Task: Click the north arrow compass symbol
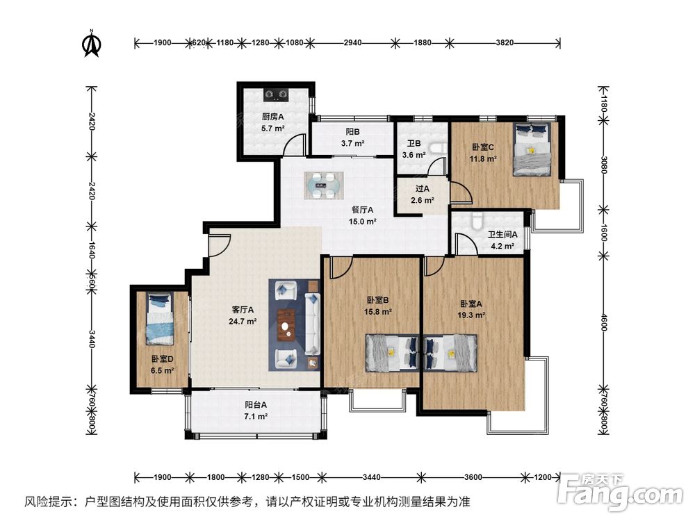[92, 44]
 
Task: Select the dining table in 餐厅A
[324, 185]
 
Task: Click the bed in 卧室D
[159, 319]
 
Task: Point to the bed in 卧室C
[532, 149]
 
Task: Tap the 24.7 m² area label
[243, 322]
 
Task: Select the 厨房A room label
[272, 117]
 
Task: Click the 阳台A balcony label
[256, 404]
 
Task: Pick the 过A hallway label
[423, 189]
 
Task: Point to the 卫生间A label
[502, 234]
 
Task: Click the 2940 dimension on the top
[352, 42]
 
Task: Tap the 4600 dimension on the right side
[603, 322]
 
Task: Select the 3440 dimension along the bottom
[371, 477]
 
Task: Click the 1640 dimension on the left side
[91, 250]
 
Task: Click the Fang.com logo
[620, 493]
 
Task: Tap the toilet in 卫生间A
[477, 220]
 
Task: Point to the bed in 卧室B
[392, 353]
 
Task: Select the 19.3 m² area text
[471, 315]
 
